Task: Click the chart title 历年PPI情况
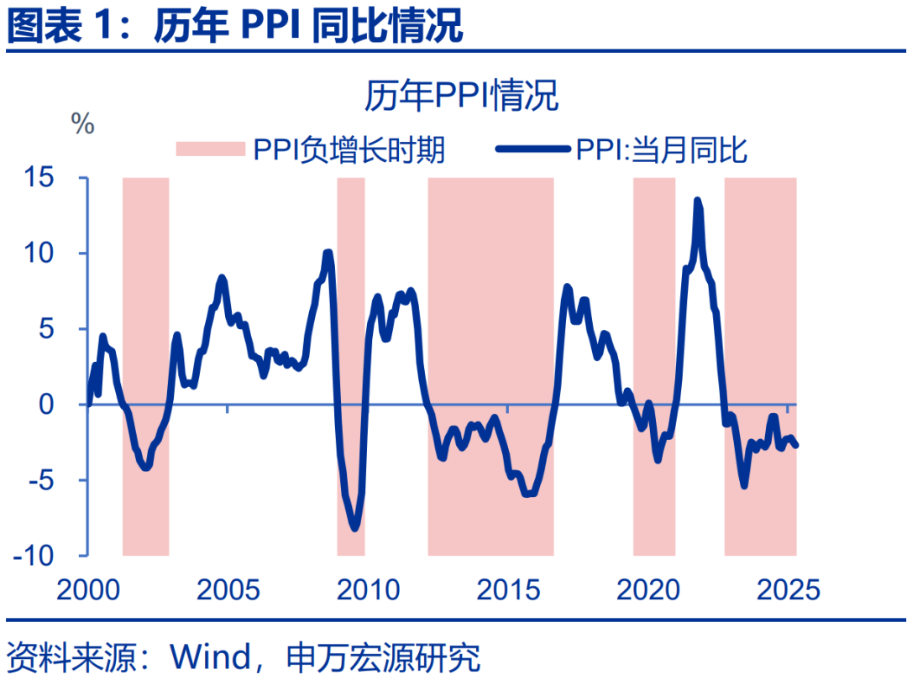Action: (461, 96)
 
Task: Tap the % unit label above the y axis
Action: (82, 125)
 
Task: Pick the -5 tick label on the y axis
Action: (62, 480)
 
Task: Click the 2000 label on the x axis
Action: (88, 589)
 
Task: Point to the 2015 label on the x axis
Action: (508, 589)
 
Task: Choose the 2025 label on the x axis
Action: (788, 589)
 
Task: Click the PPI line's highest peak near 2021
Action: (697, 201)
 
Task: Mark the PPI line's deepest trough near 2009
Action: (354, 528)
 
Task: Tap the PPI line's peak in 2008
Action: (328, 253)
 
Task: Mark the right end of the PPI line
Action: (795, 445)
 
